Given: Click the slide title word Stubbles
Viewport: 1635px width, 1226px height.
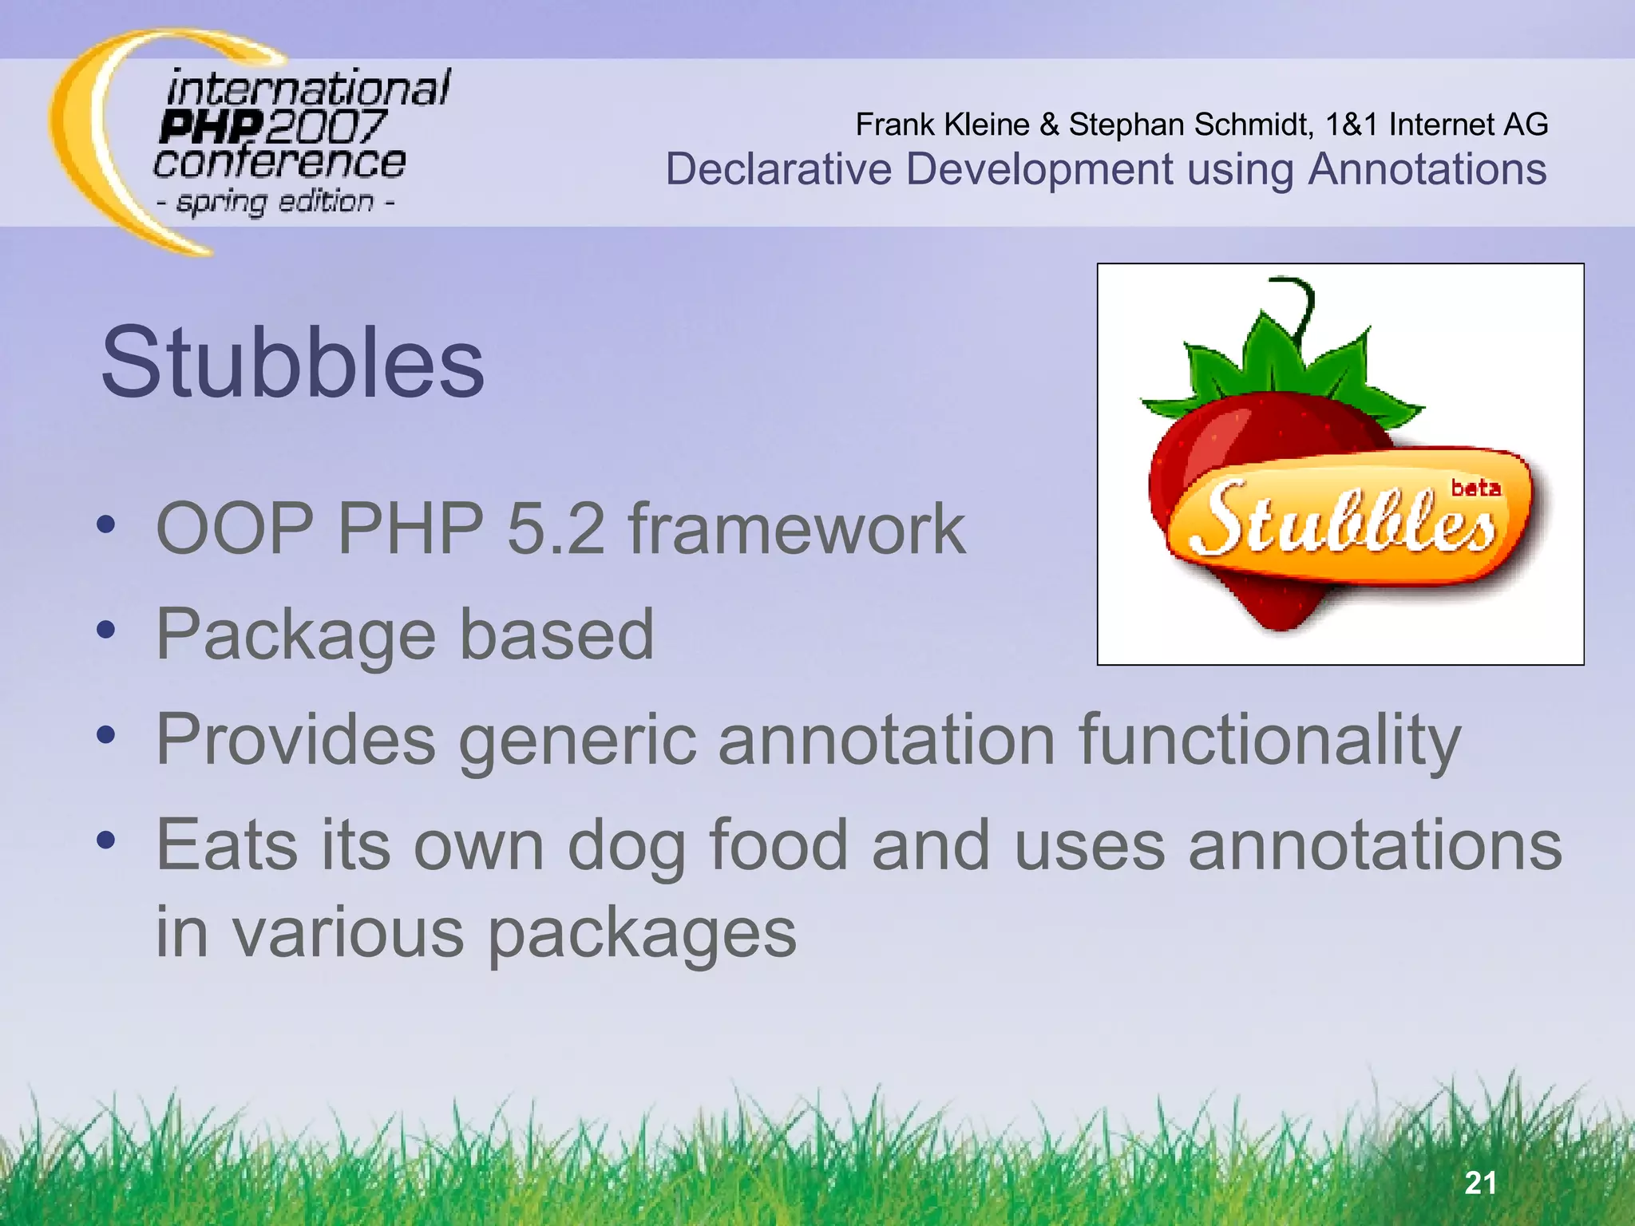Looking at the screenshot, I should [x=292, y=363].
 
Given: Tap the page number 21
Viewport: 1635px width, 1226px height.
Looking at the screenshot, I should [x=1480, y=1183].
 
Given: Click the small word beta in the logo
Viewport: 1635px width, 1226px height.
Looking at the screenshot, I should [x=1475, y=487].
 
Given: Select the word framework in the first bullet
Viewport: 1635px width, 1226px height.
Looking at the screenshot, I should [x=797, y=528].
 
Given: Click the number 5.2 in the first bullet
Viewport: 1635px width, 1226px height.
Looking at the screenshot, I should [x=556, y=528].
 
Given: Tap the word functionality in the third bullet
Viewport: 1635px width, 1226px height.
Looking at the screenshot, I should [x=1269, y=741].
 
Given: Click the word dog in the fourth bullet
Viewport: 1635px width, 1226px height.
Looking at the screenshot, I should [x=627, y=846].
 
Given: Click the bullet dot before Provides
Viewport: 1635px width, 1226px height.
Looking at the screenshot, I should [x=105, y=735].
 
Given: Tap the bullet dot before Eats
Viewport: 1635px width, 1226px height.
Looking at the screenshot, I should [x=105, y=840].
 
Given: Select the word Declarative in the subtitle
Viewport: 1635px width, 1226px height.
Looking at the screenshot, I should [x=778, y=170].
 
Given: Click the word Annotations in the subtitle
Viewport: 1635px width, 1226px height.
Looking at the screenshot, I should [x=1427, y=170].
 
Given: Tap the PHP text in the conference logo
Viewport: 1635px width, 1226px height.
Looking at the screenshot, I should [x=210, y=128].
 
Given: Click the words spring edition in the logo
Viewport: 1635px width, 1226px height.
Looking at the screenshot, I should [x=275, y=202].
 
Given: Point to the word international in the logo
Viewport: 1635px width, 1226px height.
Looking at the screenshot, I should [x=308, y=88].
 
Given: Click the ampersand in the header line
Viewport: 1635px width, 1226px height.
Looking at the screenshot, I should [x=1049, y=125].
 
